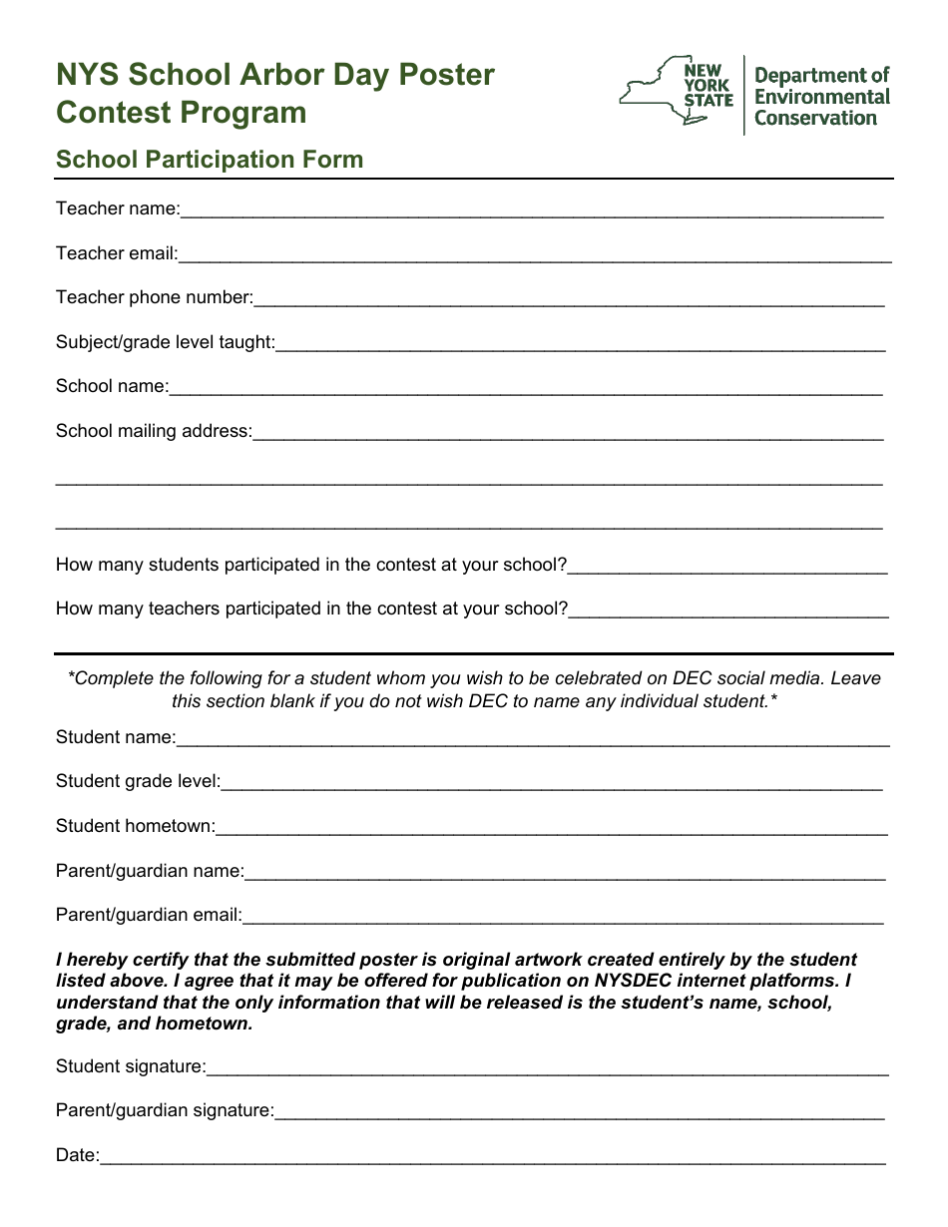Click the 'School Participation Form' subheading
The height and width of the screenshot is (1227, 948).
(210, 160)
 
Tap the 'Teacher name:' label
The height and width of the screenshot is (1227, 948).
(118, 208)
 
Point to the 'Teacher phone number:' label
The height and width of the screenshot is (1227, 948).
(155, 297)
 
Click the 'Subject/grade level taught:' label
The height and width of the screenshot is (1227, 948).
(166, 342)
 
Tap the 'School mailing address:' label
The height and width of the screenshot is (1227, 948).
(155, 431)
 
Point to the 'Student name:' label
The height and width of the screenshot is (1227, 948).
(116, 737)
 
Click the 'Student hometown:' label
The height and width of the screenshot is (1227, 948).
(136, 826)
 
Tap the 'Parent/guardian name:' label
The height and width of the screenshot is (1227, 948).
(150, 871)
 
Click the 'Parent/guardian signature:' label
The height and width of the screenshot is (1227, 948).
(165, 1110)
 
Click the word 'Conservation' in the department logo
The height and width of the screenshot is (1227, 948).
(815, 118)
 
